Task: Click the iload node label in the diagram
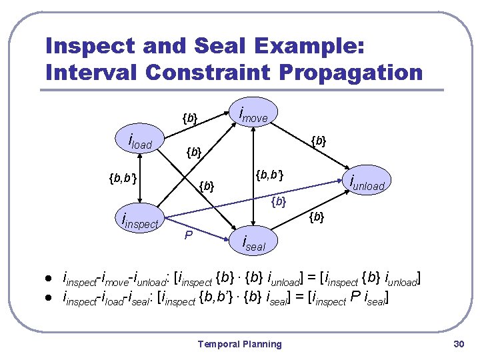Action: [141, 142]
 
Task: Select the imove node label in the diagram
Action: [253, 115]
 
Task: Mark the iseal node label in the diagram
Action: [253, 244]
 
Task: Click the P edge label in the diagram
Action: [189, 235]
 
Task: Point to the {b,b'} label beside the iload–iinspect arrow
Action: [122, 178]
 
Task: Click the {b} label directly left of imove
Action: [190, 119]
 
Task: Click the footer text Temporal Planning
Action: [239, 344]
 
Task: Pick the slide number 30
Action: [457, 344]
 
